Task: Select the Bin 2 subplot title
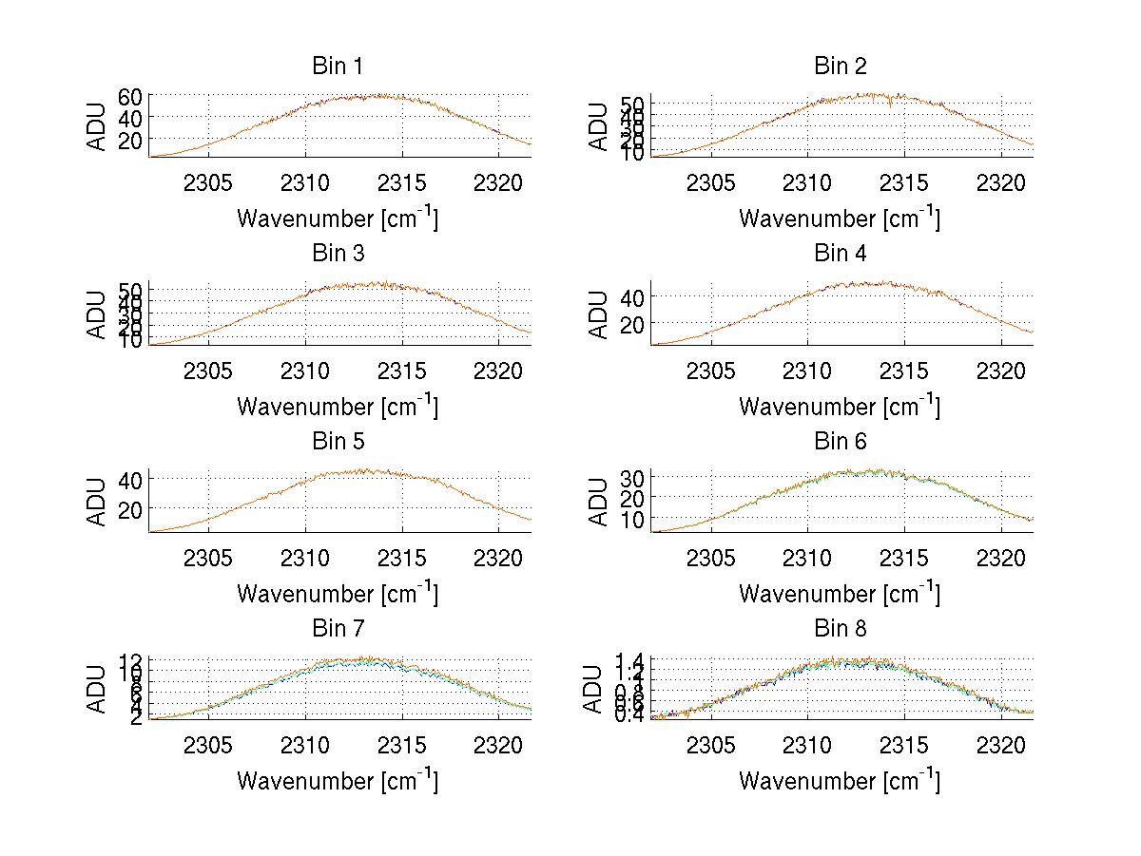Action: click(840, 67)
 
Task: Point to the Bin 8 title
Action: click(840, 629)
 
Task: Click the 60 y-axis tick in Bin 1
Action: click(130, 96)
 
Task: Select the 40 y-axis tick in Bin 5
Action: click(130, 479)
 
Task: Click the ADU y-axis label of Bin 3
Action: click(97, 315)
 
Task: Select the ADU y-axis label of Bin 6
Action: click(599, 503)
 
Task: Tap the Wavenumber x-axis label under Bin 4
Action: click(840, 406)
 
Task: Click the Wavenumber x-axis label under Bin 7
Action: click(337, 781)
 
